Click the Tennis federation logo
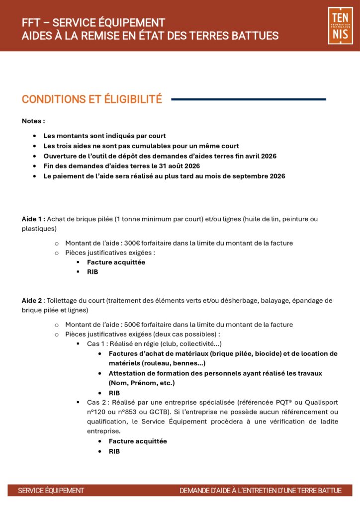340,25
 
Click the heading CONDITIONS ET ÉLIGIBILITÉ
92,99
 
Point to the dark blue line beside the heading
249,99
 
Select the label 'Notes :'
33,121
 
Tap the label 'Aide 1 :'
33,219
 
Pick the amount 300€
132,243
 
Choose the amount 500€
132,325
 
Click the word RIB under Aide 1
92,272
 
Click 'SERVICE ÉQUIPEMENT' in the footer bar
51,491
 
